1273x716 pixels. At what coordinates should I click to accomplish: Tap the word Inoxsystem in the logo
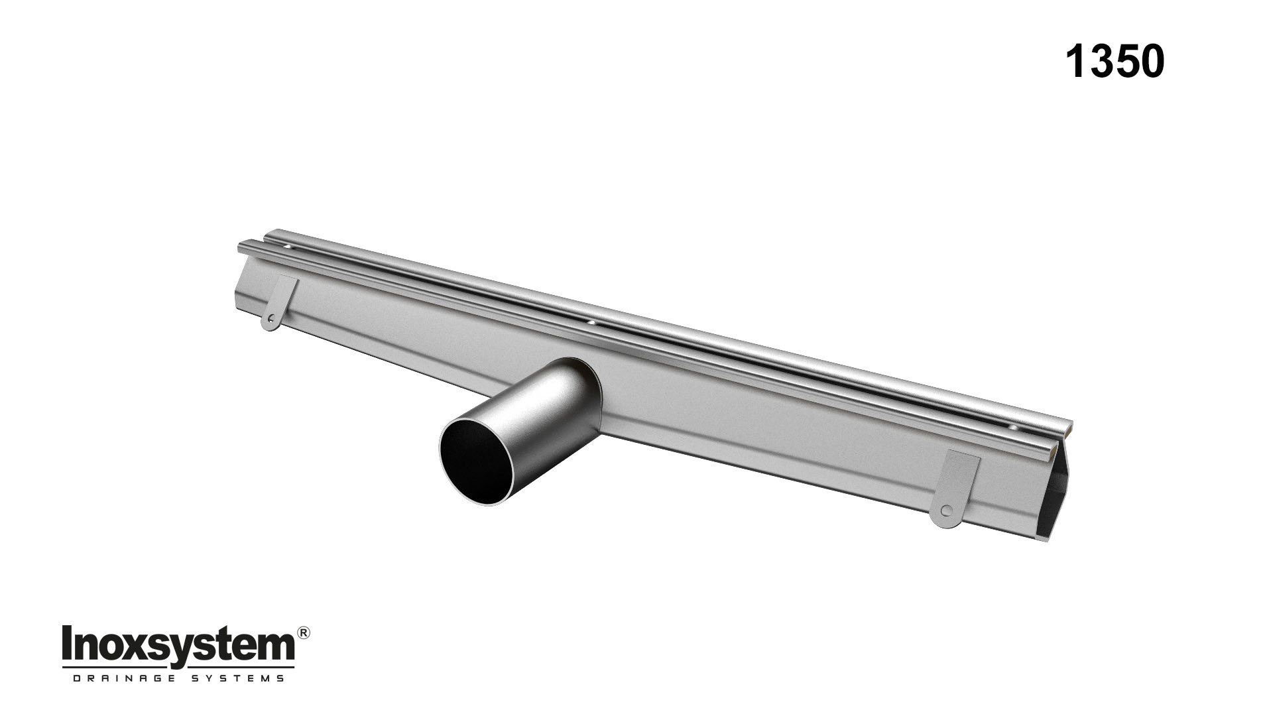click(x=178, y=644)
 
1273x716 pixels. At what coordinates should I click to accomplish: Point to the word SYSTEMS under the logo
click(x=246, y=678)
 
